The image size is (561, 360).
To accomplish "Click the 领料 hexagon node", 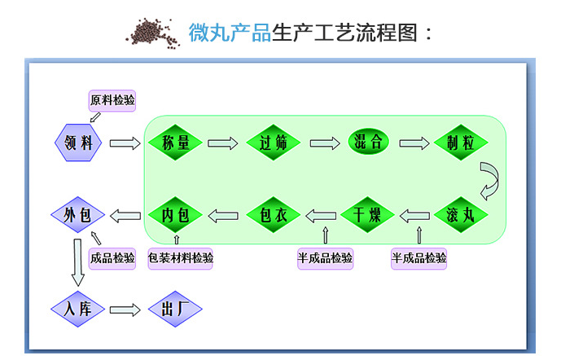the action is [x=78, y=143].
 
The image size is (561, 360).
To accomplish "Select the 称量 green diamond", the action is [x=175, y=143].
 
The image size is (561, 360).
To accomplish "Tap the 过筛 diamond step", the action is [x=274, y=143].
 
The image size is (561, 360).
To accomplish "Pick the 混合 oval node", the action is [x=368, y=142].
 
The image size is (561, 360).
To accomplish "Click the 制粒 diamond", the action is [x=461, y=143].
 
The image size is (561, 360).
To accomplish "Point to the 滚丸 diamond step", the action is [x=461, y=215].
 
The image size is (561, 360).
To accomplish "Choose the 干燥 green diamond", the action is [x=367, y=215].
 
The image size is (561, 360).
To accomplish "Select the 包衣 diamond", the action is [x=274, y=215].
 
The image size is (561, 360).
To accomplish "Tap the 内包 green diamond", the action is [x=175, y=215].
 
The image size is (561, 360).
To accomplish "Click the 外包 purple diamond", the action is [x=77, y=215].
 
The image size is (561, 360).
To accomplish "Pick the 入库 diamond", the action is [x=77, y=309].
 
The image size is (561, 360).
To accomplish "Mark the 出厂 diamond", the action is [x=175, y=309].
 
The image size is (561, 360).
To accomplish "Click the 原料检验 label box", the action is [x=112, y=100].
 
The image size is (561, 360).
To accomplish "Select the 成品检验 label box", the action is [x=112, y=258].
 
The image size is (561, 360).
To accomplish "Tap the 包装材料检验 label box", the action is [x=180, y=258].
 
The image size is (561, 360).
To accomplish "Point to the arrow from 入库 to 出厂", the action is [x=125, y=310].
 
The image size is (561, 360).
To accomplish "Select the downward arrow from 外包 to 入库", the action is [x=77, y=262].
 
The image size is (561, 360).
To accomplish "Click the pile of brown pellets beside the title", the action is [x=153, y=33].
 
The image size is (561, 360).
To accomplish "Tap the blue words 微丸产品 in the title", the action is [x=230, y=33].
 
